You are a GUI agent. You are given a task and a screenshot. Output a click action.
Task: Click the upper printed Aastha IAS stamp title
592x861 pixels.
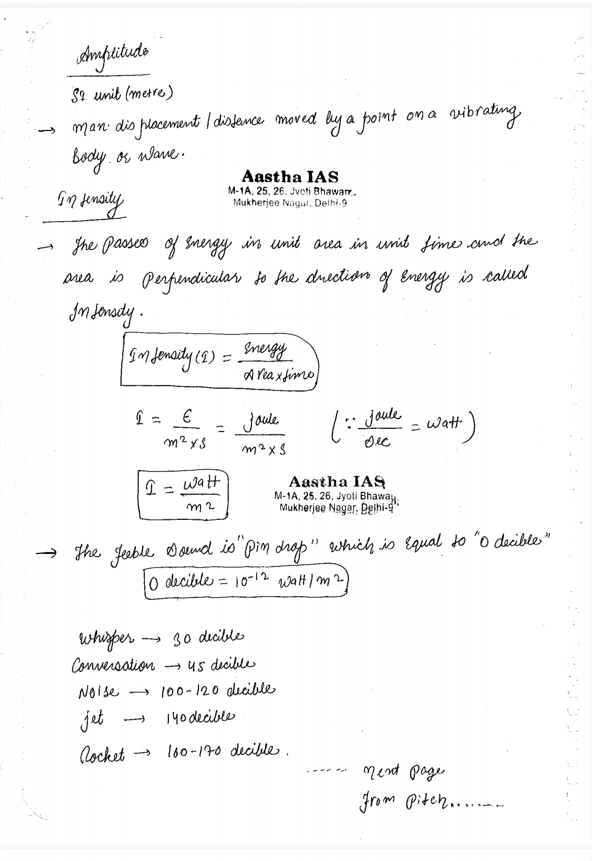click(290, 177)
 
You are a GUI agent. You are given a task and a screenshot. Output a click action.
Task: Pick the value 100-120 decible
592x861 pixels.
click(219, 688)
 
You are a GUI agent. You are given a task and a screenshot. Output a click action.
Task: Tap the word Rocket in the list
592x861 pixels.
click(99, 753)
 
